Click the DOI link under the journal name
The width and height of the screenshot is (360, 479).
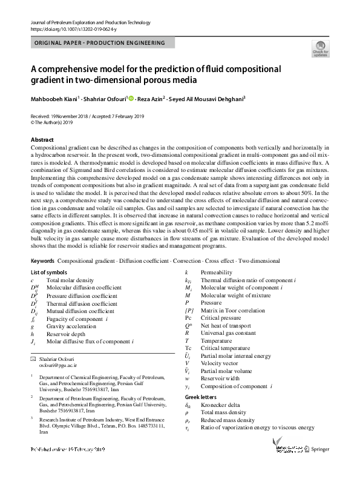[x=70, y=28]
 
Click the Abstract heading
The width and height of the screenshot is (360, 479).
[x=42, y=140]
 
